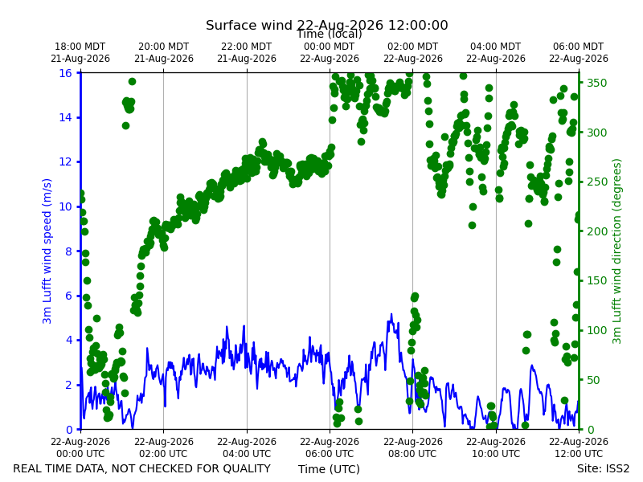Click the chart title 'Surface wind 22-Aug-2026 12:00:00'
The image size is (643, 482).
327,25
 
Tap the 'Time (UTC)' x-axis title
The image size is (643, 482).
329,469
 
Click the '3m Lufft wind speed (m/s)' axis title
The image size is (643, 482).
47,251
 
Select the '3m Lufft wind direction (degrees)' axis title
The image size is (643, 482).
616,251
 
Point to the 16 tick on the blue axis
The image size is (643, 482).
65,73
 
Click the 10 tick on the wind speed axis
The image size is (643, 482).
65,206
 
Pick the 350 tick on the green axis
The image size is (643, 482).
596,83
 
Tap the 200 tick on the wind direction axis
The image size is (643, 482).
596,231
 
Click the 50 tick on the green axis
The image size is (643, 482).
593,380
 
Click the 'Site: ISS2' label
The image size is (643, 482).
603,468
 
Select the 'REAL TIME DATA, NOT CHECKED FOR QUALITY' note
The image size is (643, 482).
142,468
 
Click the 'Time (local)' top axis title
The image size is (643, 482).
330,34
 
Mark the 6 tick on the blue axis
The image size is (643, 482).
68,296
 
